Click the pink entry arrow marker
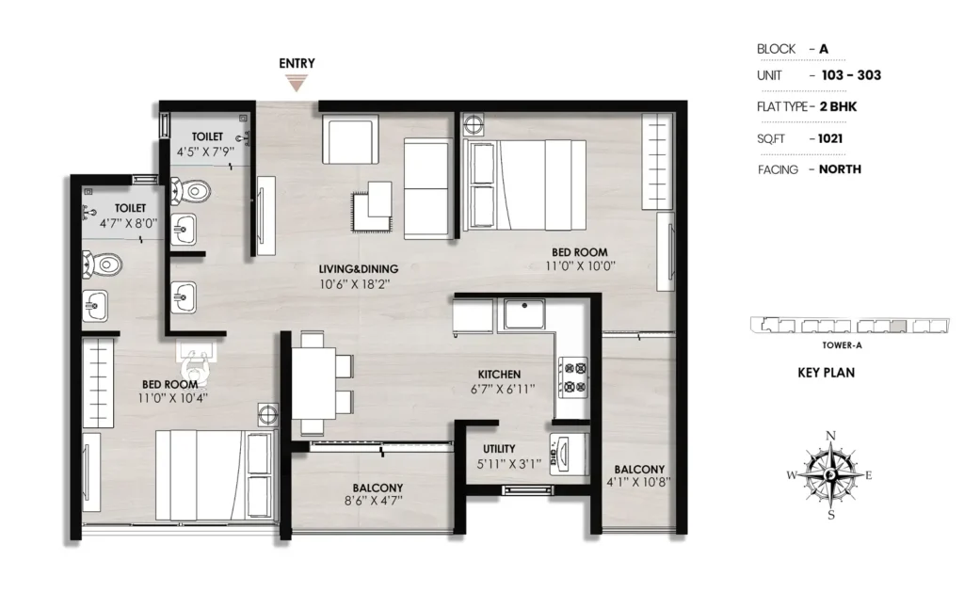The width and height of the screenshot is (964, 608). coord(297,83)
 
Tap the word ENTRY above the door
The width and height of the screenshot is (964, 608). coord(297,63)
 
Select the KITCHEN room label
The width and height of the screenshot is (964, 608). coord(499,374)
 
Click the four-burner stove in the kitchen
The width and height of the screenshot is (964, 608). coord(572,377)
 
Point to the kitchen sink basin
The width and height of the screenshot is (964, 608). coord(524,314)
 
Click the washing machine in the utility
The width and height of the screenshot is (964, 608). coord(568,454)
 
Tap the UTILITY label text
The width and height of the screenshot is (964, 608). coord(499,449)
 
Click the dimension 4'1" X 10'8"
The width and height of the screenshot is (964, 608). coord(638,483)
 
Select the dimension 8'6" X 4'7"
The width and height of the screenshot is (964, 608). coord(374,501)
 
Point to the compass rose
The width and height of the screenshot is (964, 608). coord(830,474)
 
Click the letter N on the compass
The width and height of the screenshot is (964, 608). coord(830,436)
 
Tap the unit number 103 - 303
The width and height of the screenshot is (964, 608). coord(851,75)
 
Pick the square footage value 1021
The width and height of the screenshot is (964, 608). coord(830,138)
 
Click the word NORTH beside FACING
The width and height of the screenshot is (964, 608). coord(840,169)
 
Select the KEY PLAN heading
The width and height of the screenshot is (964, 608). coord(827,373)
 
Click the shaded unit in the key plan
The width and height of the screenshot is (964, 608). coord(898,327)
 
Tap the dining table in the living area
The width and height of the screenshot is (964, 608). coord(313,383)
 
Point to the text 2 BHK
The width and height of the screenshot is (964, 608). coord(838,106)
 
